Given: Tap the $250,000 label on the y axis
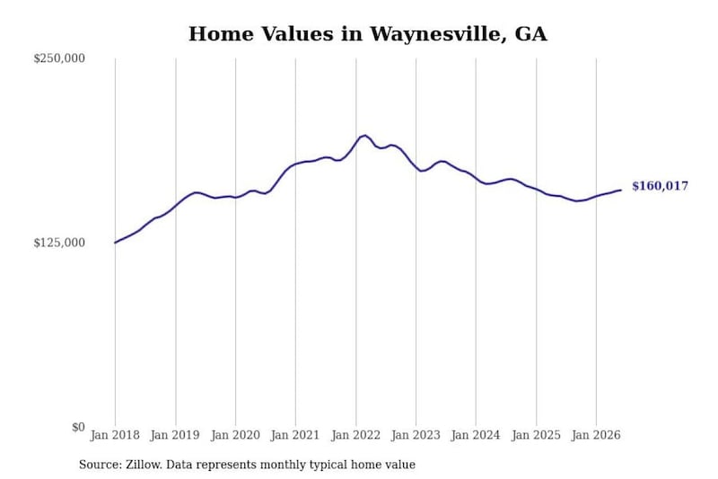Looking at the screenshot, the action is tap(59, 58).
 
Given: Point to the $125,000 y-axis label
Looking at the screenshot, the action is tap(59, 243).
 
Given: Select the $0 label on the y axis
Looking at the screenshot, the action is tap(78, 427).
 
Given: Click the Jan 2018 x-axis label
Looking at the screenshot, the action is tap(115, 435).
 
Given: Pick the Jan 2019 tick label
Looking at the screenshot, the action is tap(175, 435).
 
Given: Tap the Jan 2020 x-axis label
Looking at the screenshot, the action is tap(235, 435).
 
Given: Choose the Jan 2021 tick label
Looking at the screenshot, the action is tap(295, 435).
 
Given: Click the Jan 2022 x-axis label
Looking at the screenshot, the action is tap(355, 435).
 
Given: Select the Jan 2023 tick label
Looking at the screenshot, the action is tap(416, 435).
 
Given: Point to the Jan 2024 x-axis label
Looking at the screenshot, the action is tap(476, 435).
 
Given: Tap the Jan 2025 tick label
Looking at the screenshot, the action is tap(536, 435).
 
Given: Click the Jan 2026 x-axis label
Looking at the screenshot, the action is tap(596, 435).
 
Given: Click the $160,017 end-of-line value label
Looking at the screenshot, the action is tap(660, 186).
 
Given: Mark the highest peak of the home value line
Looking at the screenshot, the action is tap(364, 135).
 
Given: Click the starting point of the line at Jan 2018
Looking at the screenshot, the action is tap(115, 243).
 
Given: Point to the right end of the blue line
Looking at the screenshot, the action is tap(621, 190).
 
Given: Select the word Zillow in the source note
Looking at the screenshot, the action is tap(144, 465).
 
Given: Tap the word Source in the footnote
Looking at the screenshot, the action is tap(101, 465).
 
